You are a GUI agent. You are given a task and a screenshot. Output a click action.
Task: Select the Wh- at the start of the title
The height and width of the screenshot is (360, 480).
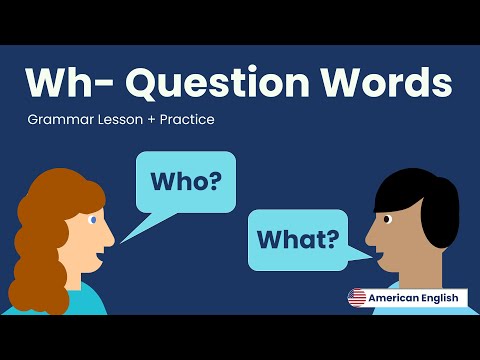[x=66, y=81]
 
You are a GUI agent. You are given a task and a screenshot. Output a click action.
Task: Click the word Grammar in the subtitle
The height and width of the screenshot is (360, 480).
[x=59, y=120]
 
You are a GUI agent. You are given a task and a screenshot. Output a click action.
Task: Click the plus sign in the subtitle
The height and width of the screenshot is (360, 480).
[x=147, y=120]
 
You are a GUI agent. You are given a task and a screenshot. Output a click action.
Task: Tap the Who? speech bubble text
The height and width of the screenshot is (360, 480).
[x=186, y=183]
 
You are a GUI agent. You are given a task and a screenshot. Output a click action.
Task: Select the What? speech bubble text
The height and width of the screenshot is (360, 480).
[x=297, y=240]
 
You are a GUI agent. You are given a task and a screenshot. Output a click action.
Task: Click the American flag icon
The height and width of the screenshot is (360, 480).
[x=357, y=297]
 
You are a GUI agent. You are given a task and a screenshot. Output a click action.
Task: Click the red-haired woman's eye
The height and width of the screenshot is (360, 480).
[x=93, y=219]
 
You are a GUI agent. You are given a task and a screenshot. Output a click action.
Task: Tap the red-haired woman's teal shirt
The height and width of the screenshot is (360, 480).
[x=85, y=299]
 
